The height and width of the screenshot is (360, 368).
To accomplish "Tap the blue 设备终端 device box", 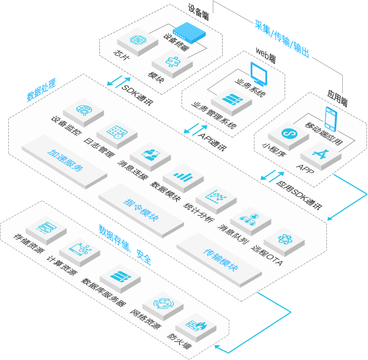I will tap(189, 34).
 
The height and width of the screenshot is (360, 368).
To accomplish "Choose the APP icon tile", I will tap(321, 151).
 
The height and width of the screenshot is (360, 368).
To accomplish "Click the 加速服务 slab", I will tap(65, 160).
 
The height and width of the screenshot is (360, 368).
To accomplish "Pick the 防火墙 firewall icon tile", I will tap(195, 325).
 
